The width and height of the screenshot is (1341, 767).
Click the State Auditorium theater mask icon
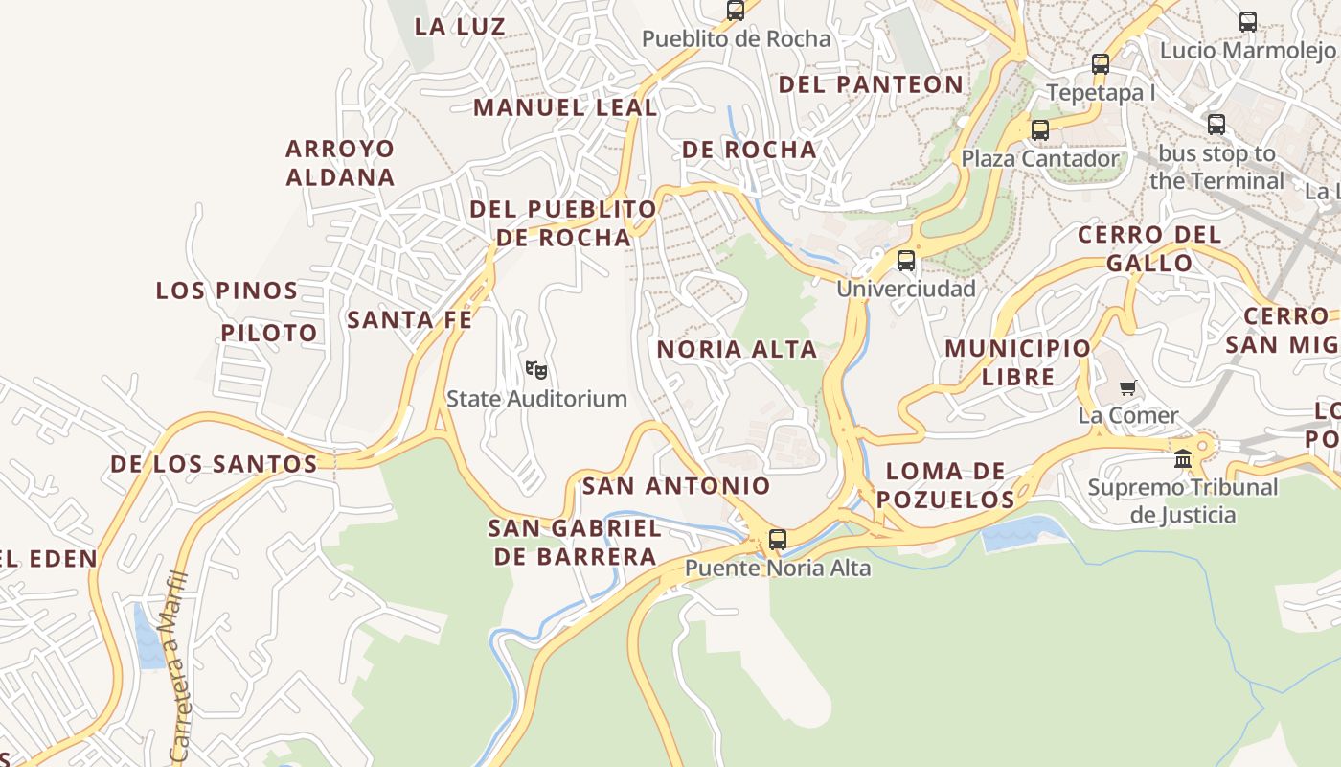[536, 369]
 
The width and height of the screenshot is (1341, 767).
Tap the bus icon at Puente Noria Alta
[778, 540]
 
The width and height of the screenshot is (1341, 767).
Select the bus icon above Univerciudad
[906, 261]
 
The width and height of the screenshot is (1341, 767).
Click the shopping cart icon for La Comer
[1127, 388]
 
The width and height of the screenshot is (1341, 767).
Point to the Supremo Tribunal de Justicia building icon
[1183, 459]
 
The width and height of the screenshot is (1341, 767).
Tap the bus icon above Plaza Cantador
[1040, 130]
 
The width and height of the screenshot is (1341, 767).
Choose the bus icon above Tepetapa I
[1101, 65]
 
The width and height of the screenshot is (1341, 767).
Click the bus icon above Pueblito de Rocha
[736, 12]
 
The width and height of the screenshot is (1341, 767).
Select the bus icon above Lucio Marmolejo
[1248, 22]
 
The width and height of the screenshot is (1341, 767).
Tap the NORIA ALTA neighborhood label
[737, 350]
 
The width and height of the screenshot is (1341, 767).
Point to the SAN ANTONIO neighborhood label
[676, 486]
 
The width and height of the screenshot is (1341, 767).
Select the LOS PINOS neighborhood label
[227, 291]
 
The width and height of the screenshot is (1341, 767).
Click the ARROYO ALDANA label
[340, 163]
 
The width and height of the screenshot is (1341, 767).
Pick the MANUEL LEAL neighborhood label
[565, 107]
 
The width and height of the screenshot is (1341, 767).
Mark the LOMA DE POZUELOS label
[945, 485]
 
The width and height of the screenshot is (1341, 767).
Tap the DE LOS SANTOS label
[214, 465]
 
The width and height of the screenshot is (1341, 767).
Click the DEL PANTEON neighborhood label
[871, 84]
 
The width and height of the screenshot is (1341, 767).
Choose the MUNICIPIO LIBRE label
[1017, 362]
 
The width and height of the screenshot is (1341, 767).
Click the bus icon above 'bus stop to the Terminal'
[1216, 125]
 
